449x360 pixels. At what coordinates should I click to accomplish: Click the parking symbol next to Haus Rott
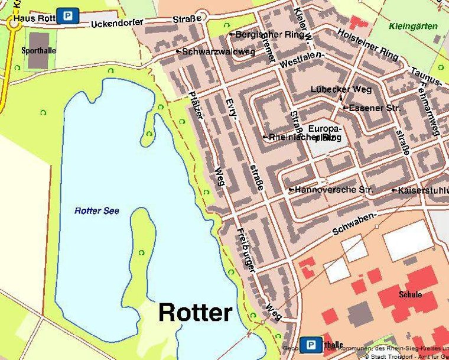point(69,16)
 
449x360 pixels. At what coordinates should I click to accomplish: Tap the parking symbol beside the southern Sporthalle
point(310,345)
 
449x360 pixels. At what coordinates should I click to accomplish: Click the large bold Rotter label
point(195,313)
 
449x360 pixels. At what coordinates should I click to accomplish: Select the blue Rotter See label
point(96,211)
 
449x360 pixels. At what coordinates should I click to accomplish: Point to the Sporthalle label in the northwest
point(38,51)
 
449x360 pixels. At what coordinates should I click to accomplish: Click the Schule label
point(410,294)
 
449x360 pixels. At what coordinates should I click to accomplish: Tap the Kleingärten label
point(414,27)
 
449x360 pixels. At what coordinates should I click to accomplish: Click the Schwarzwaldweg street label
point(218,52)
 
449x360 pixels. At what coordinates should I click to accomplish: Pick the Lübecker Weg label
point(341,90)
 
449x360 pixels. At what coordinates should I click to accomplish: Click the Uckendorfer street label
point(117,23)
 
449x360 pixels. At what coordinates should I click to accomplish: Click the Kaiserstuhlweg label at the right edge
point(423,190)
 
